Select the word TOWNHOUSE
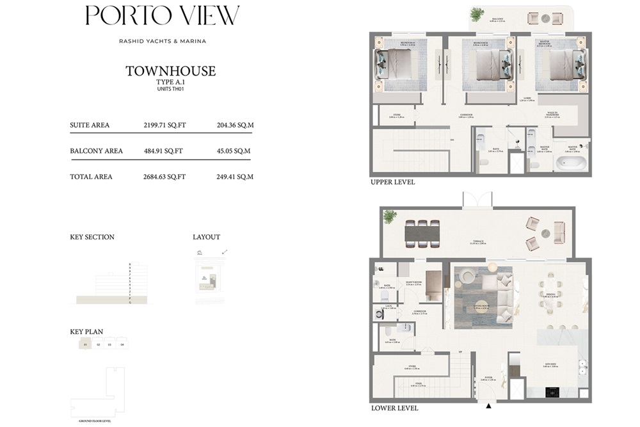click(170, 71)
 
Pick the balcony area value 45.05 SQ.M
click(235, 151)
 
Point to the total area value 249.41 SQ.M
click(235, 177)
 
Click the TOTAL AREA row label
click(91, 177)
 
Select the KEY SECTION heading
click(92, 237)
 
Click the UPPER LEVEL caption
click(392, 182)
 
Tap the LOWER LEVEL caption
click(394, 408)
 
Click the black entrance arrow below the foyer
click(489, 405)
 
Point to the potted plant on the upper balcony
click(477, 13)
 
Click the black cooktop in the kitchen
click(552, 392)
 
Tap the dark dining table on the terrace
click(422, 234)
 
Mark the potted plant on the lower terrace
click(390, 216)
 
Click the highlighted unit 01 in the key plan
click(85, 344)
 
